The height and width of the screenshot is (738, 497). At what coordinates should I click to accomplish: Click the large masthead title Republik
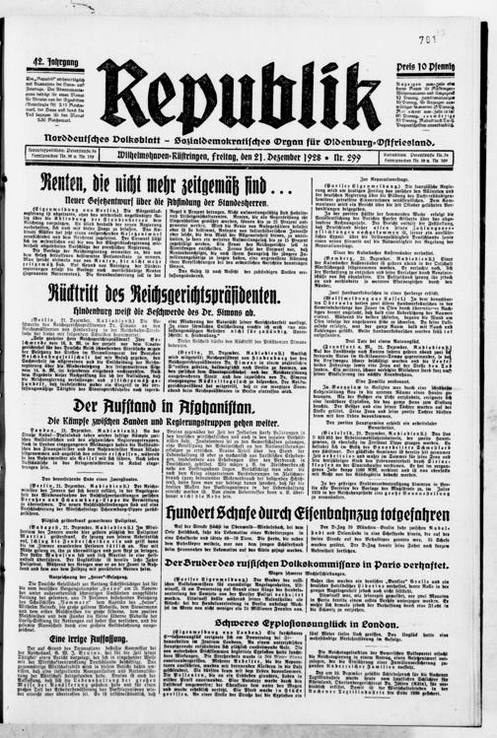click(x=238, y=97)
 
